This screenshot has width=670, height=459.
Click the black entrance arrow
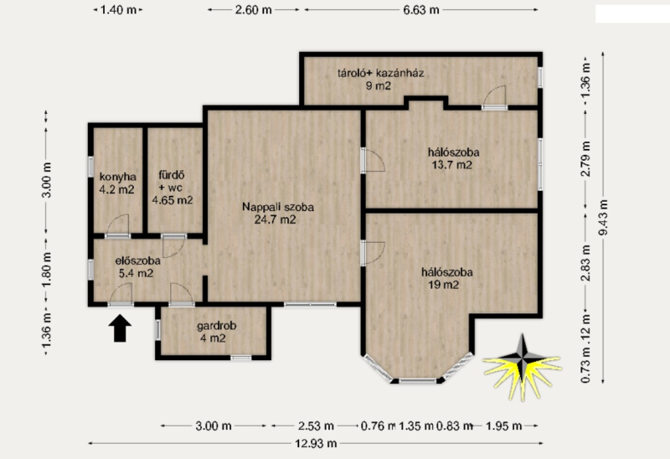tap(120, 328)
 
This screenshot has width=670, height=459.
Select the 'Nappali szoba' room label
tap(278, 207)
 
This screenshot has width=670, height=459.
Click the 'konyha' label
tap(117, 177)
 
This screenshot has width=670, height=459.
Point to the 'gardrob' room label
tap(216, 326)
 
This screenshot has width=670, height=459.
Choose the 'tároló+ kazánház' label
tap(381, 73)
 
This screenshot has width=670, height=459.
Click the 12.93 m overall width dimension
tap(316, 444)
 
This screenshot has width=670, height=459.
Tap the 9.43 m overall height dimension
tap(603, 218)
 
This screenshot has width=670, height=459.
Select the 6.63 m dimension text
tap(421, 10)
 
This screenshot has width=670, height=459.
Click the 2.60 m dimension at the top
tap(254, 10)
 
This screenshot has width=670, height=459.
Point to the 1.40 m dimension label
tap(118, 10)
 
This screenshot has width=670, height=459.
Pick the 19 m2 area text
tap(444, 285)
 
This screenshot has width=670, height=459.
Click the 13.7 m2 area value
tap(451, 165)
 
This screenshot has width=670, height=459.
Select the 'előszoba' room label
tap(137, 260)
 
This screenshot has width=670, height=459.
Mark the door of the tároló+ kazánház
tap(494, 96)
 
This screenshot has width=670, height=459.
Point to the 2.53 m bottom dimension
tap(316, 426)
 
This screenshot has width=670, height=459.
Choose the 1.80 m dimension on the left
tap(47, 270)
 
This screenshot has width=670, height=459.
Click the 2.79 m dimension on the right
tap(585, 159)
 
